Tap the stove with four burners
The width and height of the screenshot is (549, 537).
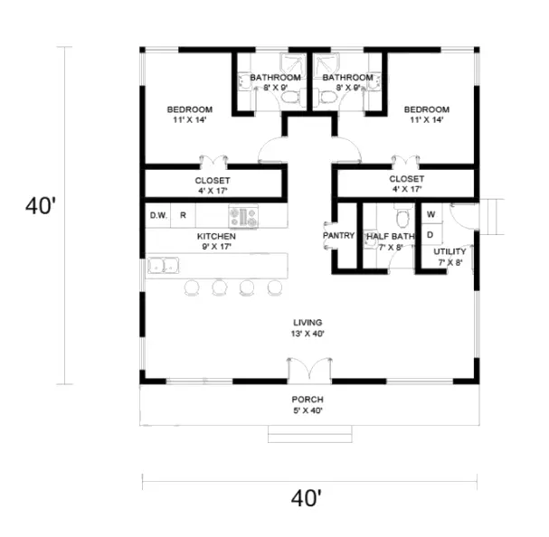click(243, 216)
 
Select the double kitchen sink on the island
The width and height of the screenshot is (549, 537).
click(164, 267)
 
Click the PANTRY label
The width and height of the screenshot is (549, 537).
click(338, 236)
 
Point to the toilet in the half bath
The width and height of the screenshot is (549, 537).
click(403, 218)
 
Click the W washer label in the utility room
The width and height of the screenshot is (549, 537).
click(431, 214)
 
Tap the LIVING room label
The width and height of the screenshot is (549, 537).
click(308, 323)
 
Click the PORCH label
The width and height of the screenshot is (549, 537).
click(308, 400)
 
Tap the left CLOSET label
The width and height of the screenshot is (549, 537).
click(213, 181)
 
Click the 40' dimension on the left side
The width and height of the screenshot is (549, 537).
click(42, 207)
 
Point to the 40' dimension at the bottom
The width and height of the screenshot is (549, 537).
click(308, 497)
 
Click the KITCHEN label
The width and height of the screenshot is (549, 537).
click(216, 236)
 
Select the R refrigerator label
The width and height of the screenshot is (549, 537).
click(183, 215)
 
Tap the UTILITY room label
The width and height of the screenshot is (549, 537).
click(450, 251)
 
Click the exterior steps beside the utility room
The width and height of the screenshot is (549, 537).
click(493, 217)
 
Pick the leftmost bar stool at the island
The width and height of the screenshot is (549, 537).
click(192, 287)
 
